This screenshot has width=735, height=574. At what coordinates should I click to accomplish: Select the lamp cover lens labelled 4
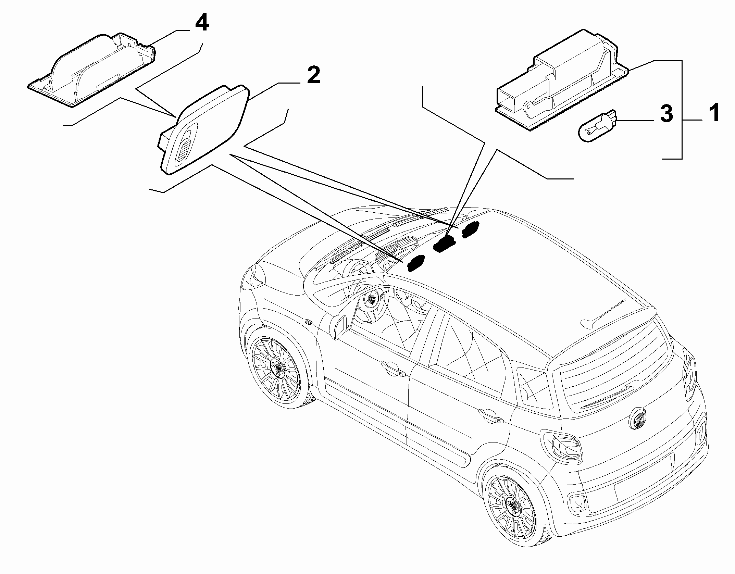coord(91,70)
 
